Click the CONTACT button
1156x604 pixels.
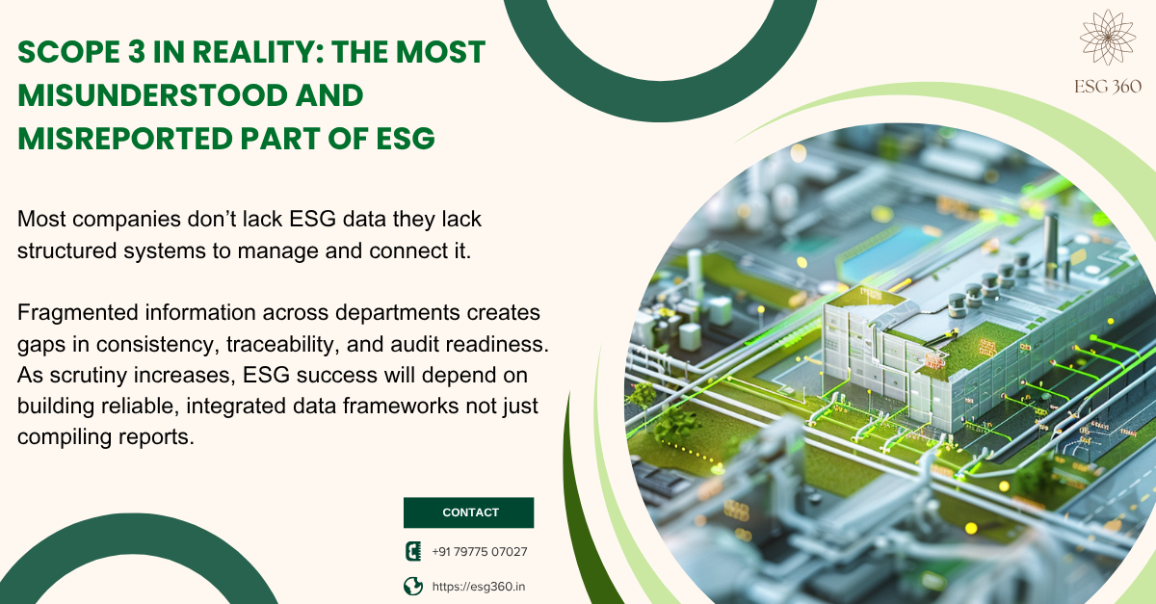(468, 512)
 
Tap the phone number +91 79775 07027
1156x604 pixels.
(480, 552)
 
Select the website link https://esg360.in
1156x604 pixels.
(479, 587)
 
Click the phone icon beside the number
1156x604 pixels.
(413, 551)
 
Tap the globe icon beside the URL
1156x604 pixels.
(413, 587)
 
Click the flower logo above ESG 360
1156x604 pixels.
(1108, 38)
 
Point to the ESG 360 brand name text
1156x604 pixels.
(1108, 87)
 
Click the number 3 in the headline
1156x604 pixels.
(137, 52)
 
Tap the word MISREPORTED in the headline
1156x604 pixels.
(125, 139)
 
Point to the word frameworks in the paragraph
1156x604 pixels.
(401, 406)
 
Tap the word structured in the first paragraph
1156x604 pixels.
(66, 250)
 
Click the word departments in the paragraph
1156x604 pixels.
(397, 313)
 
